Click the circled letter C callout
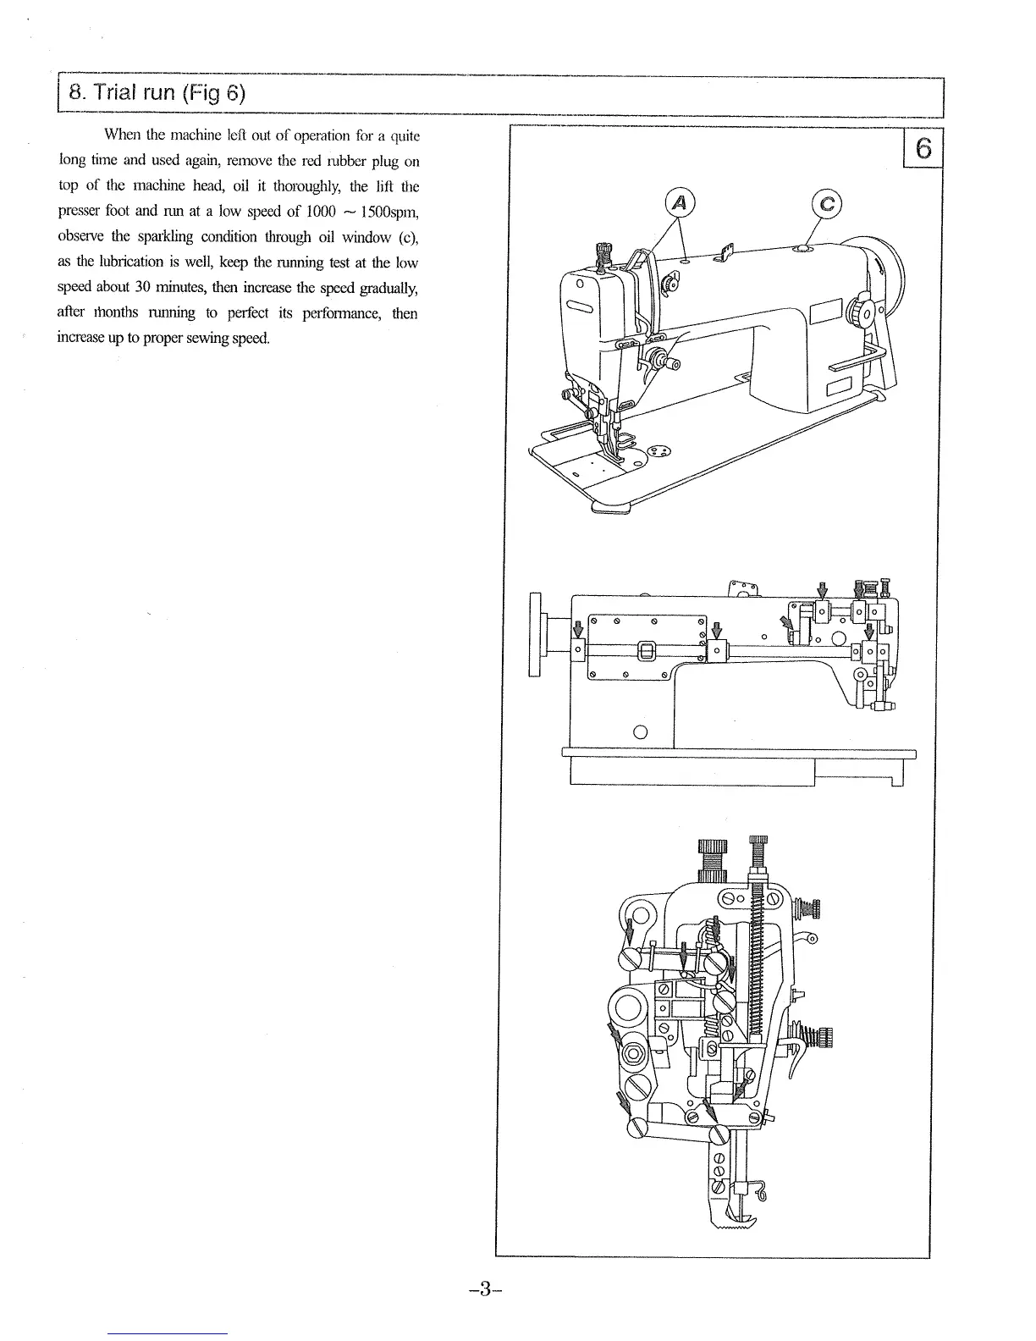[x=827, y=203]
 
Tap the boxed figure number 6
[x=923, y=149]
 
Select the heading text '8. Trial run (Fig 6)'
[x=157, y=93]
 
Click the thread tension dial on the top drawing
[x=669, y=365]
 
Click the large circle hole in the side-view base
[x=640, y=732]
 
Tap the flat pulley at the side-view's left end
[x=535, y=634]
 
